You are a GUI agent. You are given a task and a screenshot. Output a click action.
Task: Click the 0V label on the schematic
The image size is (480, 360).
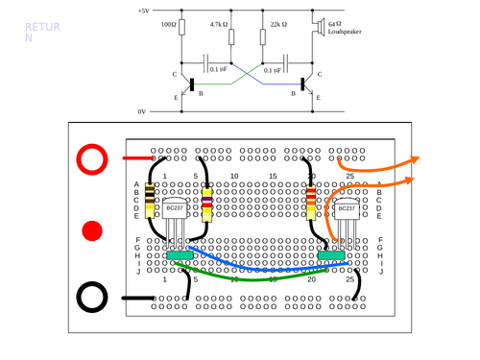click(x=142, y=111)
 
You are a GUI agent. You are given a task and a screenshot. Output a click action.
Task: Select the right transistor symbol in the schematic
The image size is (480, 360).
click(x=307, y=83)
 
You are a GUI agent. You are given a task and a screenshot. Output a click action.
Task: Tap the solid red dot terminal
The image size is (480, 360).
click(x=93, y=230)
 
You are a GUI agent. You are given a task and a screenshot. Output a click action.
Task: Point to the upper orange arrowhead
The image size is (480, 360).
click(x=420, y=160)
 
